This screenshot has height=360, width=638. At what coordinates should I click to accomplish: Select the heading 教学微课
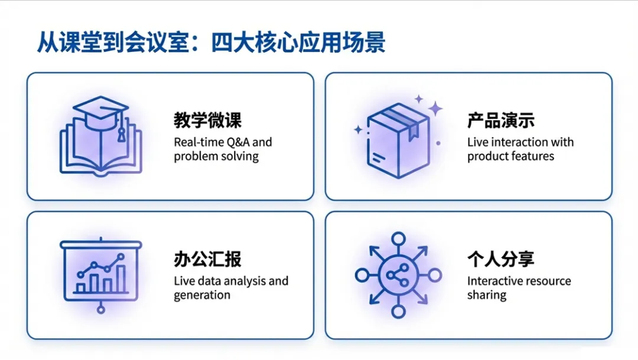point(207,121)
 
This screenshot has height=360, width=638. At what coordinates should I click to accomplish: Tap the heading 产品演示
point(501,121)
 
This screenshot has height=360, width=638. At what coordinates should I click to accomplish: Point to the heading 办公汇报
point(207,259)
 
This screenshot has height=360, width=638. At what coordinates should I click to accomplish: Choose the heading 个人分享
point(501,259)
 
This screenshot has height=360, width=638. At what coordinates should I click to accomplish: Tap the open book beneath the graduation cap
point(100,151)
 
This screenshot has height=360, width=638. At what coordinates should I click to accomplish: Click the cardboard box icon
point(398,141)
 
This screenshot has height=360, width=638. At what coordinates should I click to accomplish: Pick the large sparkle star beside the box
point(435,108)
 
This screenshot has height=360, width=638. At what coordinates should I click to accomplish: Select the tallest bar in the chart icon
point(121,278)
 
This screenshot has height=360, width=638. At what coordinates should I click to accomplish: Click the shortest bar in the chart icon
point(81,288)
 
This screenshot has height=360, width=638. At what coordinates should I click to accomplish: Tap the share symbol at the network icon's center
point(398,275)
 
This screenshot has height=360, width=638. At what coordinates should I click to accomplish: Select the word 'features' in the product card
point(532,157)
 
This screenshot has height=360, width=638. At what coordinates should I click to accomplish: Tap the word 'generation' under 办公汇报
point(202,295)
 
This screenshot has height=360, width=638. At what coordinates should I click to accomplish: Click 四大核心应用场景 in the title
point(298,43)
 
